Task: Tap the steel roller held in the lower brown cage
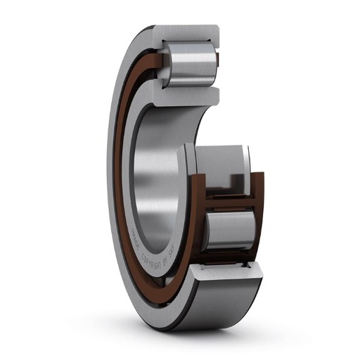(x=230, y=230)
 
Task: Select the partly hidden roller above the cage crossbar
(x=225, y=162)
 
